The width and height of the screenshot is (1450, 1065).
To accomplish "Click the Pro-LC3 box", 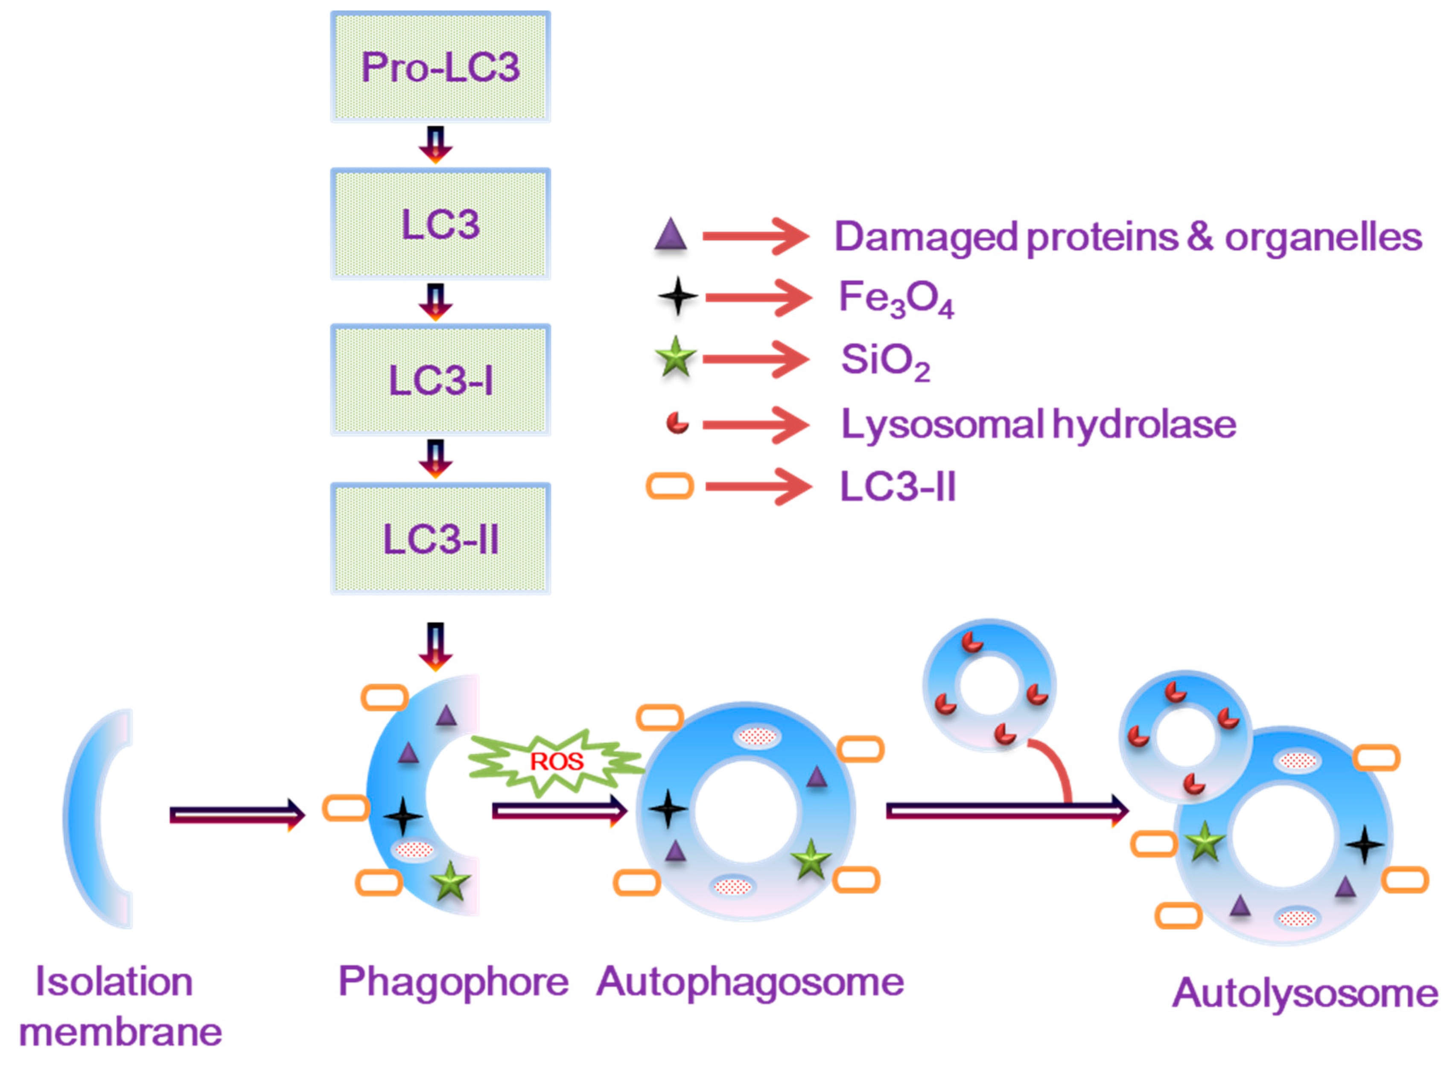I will (441, 67).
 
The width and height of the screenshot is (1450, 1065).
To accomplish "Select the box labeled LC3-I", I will (441, 380).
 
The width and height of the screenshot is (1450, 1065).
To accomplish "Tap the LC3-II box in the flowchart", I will (441, 538).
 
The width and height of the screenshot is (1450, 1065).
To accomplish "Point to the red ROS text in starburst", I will (557, 762).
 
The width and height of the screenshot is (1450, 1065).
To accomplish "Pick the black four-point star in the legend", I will (677, 297).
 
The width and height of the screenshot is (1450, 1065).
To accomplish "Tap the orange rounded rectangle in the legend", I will (670, 486).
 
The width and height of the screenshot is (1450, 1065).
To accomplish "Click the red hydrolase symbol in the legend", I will (677, 423).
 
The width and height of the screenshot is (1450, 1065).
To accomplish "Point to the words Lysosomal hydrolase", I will (1038, 424).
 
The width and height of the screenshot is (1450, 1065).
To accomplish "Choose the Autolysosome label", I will (1304, 993).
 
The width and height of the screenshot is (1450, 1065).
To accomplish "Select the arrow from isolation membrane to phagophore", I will (236, 815).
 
